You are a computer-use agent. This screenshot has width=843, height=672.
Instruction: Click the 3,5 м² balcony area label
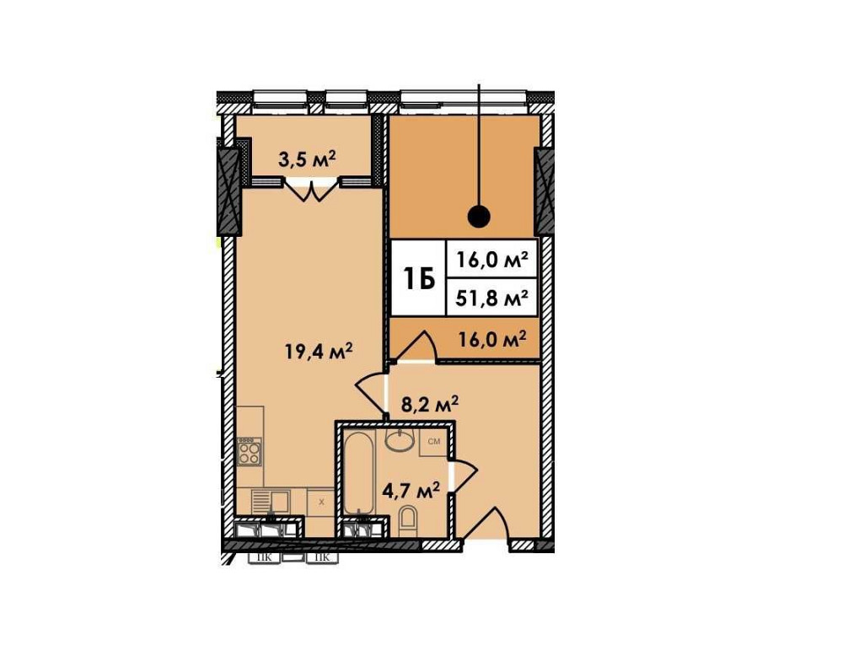(x=307, y=159)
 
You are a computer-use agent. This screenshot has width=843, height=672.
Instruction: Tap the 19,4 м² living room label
(x=319, y=350)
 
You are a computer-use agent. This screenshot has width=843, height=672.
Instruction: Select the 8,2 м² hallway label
(x=430, y=404)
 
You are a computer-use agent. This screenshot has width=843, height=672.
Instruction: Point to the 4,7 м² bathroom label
(x=411, y=490)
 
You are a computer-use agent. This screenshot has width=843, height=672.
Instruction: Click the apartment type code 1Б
(x=418, y=278)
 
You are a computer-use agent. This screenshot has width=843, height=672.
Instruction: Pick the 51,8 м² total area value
(x=492, y=297)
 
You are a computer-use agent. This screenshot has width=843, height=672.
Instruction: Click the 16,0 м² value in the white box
(x=492, y=261)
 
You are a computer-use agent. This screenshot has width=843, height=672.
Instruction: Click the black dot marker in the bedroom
(x=479, y=217)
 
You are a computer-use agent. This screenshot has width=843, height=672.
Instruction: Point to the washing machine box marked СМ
(x=434, y=442)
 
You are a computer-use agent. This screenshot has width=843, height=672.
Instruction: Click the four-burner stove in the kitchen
(x=250, y=454)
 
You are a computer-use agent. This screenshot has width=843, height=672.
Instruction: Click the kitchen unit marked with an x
(x=320, y=501)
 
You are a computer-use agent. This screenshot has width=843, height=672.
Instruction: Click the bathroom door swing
(x=463, y=476)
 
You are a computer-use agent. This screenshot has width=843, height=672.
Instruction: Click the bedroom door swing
(x=416, y=346)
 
